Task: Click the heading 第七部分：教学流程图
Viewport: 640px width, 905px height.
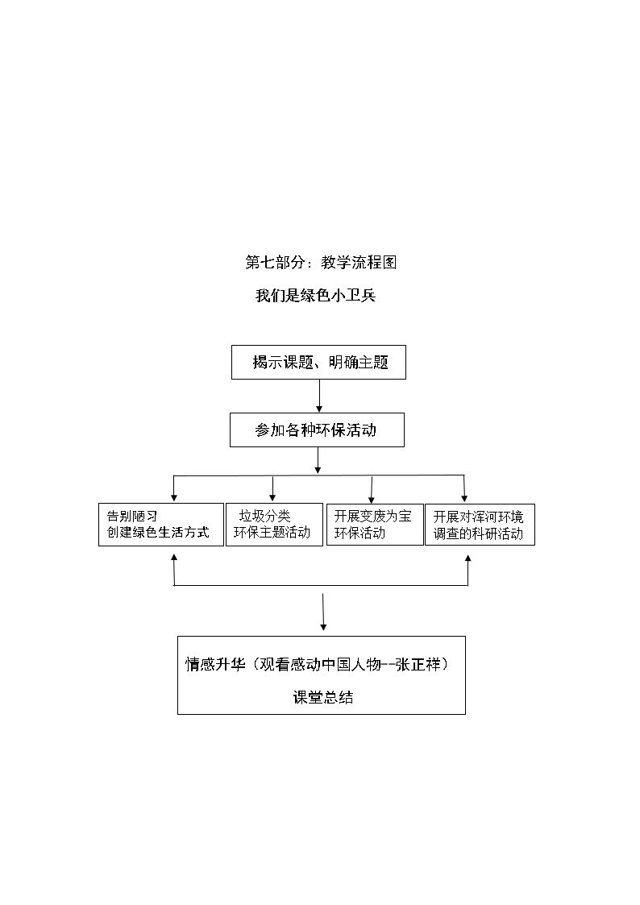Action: pos(321,263)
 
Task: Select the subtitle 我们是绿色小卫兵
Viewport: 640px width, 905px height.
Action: pos(316,296)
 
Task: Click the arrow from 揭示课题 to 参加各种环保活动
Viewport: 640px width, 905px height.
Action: pos(319,396)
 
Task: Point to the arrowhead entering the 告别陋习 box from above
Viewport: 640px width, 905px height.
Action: pos(174,498)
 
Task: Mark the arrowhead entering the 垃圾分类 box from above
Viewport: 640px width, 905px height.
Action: pos(272,498)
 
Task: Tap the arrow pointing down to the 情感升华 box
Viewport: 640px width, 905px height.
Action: pos(322,612)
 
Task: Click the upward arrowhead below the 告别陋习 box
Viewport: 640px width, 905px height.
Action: pos(174,558)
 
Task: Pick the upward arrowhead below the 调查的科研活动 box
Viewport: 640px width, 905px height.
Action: pos(468,559)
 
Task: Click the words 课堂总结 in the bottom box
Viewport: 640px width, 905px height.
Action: pos(323,698)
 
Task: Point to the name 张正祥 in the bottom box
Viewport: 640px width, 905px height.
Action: pos(418,664)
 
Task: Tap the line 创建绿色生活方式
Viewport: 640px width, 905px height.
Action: pos(157,532)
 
